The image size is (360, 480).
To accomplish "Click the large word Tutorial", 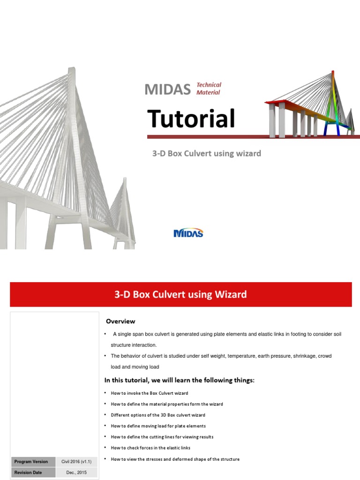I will coord(191,119).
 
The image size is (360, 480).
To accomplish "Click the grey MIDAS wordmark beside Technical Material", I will coord(168,89).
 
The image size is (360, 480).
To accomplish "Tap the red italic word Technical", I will coord(209,85).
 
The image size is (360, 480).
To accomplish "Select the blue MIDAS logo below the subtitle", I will coord(188,233).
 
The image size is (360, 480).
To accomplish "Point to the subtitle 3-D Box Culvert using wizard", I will coord(206,153).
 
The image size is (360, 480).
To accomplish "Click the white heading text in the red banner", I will coord(180,294).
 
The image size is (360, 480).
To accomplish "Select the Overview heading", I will coord(120,321).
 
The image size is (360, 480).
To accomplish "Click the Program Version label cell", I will coord(31,462).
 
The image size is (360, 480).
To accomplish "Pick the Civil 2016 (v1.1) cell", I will coord(76,462).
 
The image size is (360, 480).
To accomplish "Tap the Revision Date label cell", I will coord(28,472).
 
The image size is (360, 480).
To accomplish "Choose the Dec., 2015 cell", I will coord(76,472).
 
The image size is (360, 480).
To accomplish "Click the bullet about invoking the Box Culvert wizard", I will coord(149,393).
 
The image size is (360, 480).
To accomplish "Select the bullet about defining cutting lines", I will coord(162,437).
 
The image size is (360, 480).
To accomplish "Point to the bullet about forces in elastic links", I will coord(150,448).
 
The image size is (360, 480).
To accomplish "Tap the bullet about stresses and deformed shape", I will coord(175,459).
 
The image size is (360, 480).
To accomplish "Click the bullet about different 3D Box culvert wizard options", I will coord(157,415).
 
